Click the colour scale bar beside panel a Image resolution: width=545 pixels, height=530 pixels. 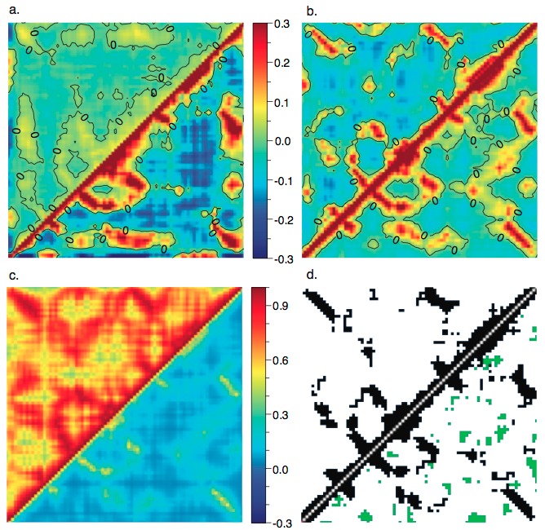pos(259,140)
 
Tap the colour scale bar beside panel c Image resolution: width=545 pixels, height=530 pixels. pos(259,404)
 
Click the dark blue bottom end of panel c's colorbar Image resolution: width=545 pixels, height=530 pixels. pos(259,517)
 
